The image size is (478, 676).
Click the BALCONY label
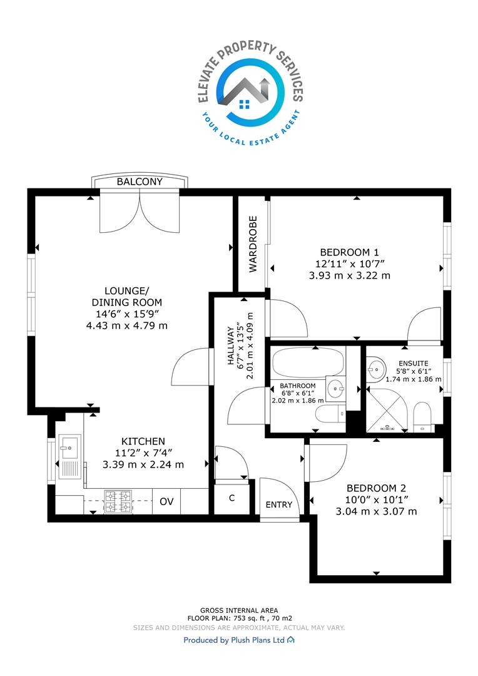(140, 182)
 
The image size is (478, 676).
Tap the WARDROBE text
(253, 244)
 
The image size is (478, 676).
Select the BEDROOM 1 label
(349, 252)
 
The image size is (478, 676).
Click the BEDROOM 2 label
(376, 488)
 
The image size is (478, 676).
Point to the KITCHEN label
(143, 441)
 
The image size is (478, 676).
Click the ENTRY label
(279, 504)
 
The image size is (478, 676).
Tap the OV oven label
(166, 501)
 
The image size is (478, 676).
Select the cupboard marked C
(232, 498)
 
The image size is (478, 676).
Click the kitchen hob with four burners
(118, 501)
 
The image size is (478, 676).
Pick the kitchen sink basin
(69, 447)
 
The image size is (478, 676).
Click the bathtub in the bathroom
(308, 362)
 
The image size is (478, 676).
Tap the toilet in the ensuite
(422, 417)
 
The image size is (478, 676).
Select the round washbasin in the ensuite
(375, 369)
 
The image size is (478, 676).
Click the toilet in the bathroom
(330, 414)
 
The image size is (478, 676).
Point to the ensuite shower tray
(387, 409)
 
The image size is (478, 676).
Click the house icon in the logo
(245, 91)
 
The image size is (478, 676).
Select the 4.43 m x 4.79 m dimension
(127, 325)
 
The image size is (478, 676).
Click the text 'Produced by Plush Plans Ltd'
(234, 640)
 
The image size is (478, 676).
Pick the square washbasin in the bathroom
(335, 389)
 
